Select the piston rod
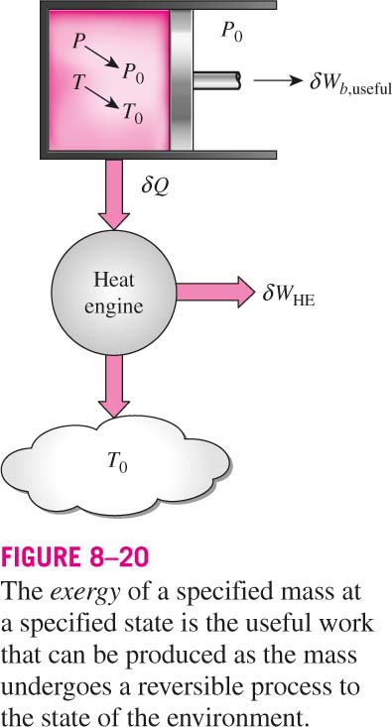click(216, 80)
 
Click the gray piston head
click(181, 80)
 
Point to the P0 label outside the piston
click(230, 33)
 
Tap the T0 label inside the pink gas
click(133, 112)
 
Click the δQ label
click(153, 189)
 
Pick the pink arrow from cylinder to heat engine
click(114, 193)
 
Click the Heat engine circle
click(114, 293)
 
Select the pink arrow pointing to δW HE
click(215, 293)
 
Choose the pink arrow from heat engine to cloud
click(114, 386)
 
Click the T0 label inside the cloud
click(117, 461)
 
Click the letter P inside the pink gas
click(77, 42)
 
